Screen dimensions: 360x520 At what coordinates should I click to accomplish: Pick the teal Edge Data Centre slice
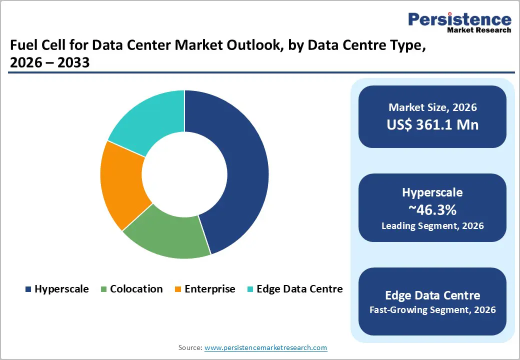coord(150,120)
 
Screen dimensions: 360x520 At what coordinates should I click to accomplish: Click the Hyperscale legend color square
coord(28,289)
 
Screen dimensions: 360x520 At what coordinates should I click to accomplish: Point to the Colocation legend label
coord(136,289)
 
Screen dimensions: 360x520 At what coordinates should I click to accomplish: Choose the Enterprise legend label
coord(209,289)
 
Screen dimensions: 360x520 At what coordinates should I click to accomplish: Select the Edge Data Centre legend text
coord(299,289)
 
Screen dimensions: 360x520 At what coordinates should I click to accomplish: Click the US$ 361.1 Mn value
coord(432,124)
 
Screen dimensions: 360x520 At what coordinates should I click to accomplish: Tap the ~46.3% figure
coord(432,209)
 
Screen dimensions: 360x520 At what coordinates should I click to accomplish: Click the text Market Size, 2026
coord(432,107)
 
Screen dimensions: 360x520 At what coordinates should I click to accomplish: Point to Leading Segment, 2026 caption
coord(432,226)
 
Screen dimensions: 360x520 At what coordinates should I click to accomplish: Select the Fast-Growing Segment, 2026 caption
coord(432,310)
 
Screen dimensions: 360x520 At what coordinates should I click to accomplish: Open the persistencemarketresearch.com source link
coord(265,347)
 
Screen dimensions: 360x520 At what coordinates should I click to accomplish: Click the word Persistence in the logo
coord(460,19)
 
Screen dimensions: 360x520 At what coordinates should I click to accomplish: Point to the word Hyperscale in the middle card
coord(432,192)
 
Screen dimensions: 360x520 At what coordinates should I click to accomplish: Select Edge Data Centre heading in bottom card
coord(432,294)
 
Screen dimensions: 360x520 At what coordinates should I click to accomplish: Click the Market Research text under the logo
coord(479,30)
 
